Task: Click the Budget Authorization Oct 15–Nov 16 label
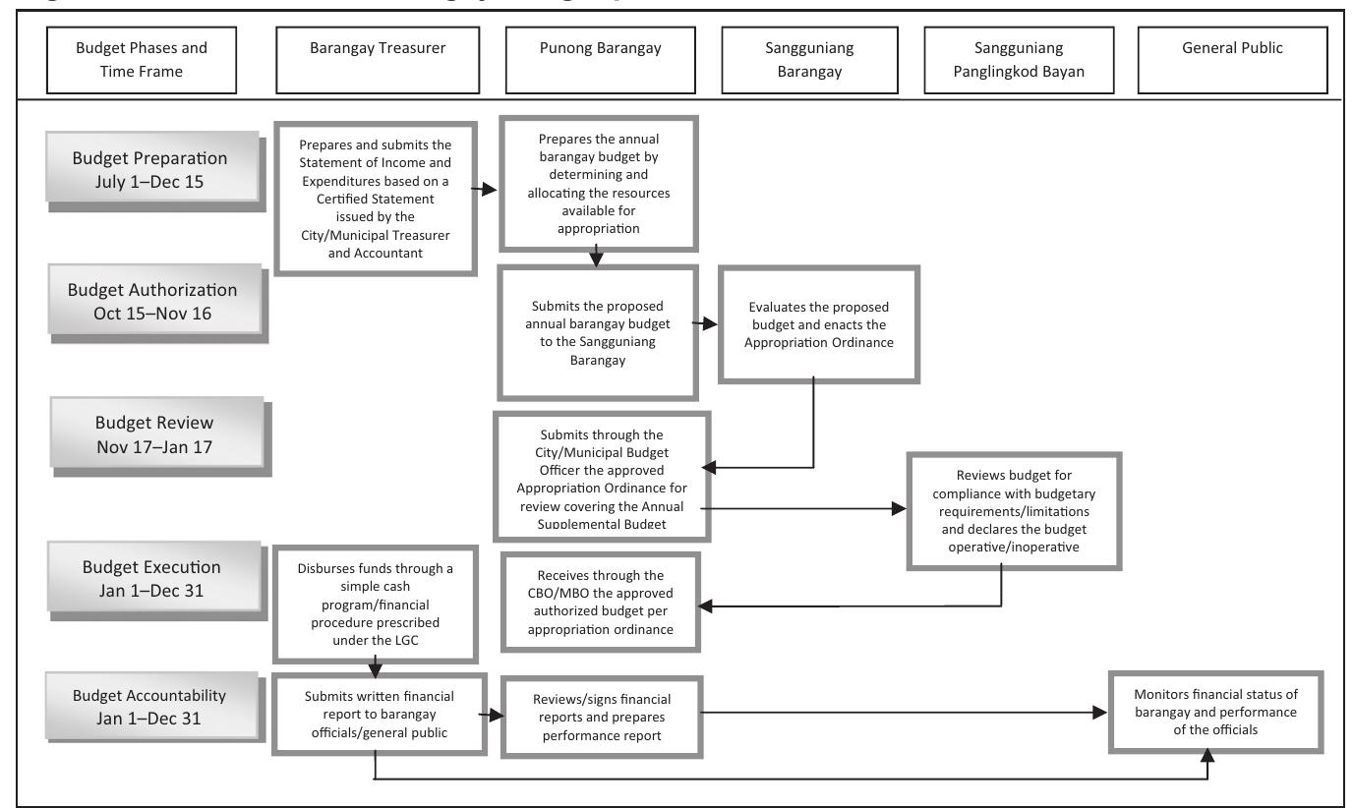(x=151, y=301)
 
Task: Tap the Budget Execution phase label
(x=151, y=578)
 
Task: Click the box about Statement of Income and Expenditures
(x=377, y=197)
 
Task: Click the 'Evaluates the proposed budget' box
(x=819, y=323)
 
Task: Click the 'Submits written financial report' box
(x=381, y=712)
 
